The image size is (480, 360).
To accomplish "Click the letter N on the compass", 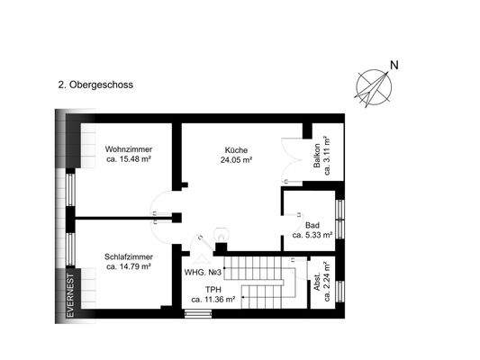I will click(x=394, y=65).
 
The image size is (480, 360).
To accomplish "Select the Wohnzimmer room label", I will click(x=128, y=149).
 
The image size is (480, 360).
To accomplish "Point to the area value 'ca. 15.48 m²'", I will click(x=128, y=159).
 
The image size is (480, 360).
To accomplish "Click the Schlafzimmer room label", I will click(x=128, y=256).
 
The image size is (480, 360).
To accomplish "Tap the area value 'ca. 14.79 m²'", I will click(x=128, y=266).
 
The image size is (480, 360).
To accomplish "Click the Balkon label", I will click(x=317, y=157).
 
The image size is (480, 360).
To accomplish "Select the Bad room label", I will click(x=312, y=225).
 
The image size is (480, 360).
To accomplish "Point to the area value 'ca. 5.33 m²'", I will click(x=312, y=235).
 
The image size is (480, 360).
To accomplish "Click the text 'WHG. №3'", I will click(x=203, y=272).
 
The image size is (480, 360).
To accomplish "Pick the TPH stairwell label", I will click(x=212, y=289).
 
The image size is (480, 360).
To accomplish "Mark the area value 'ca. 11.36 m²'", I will click(x=212, y=299).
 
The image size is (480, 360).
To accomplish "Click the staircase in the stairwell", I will click(x=263, y=280).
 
